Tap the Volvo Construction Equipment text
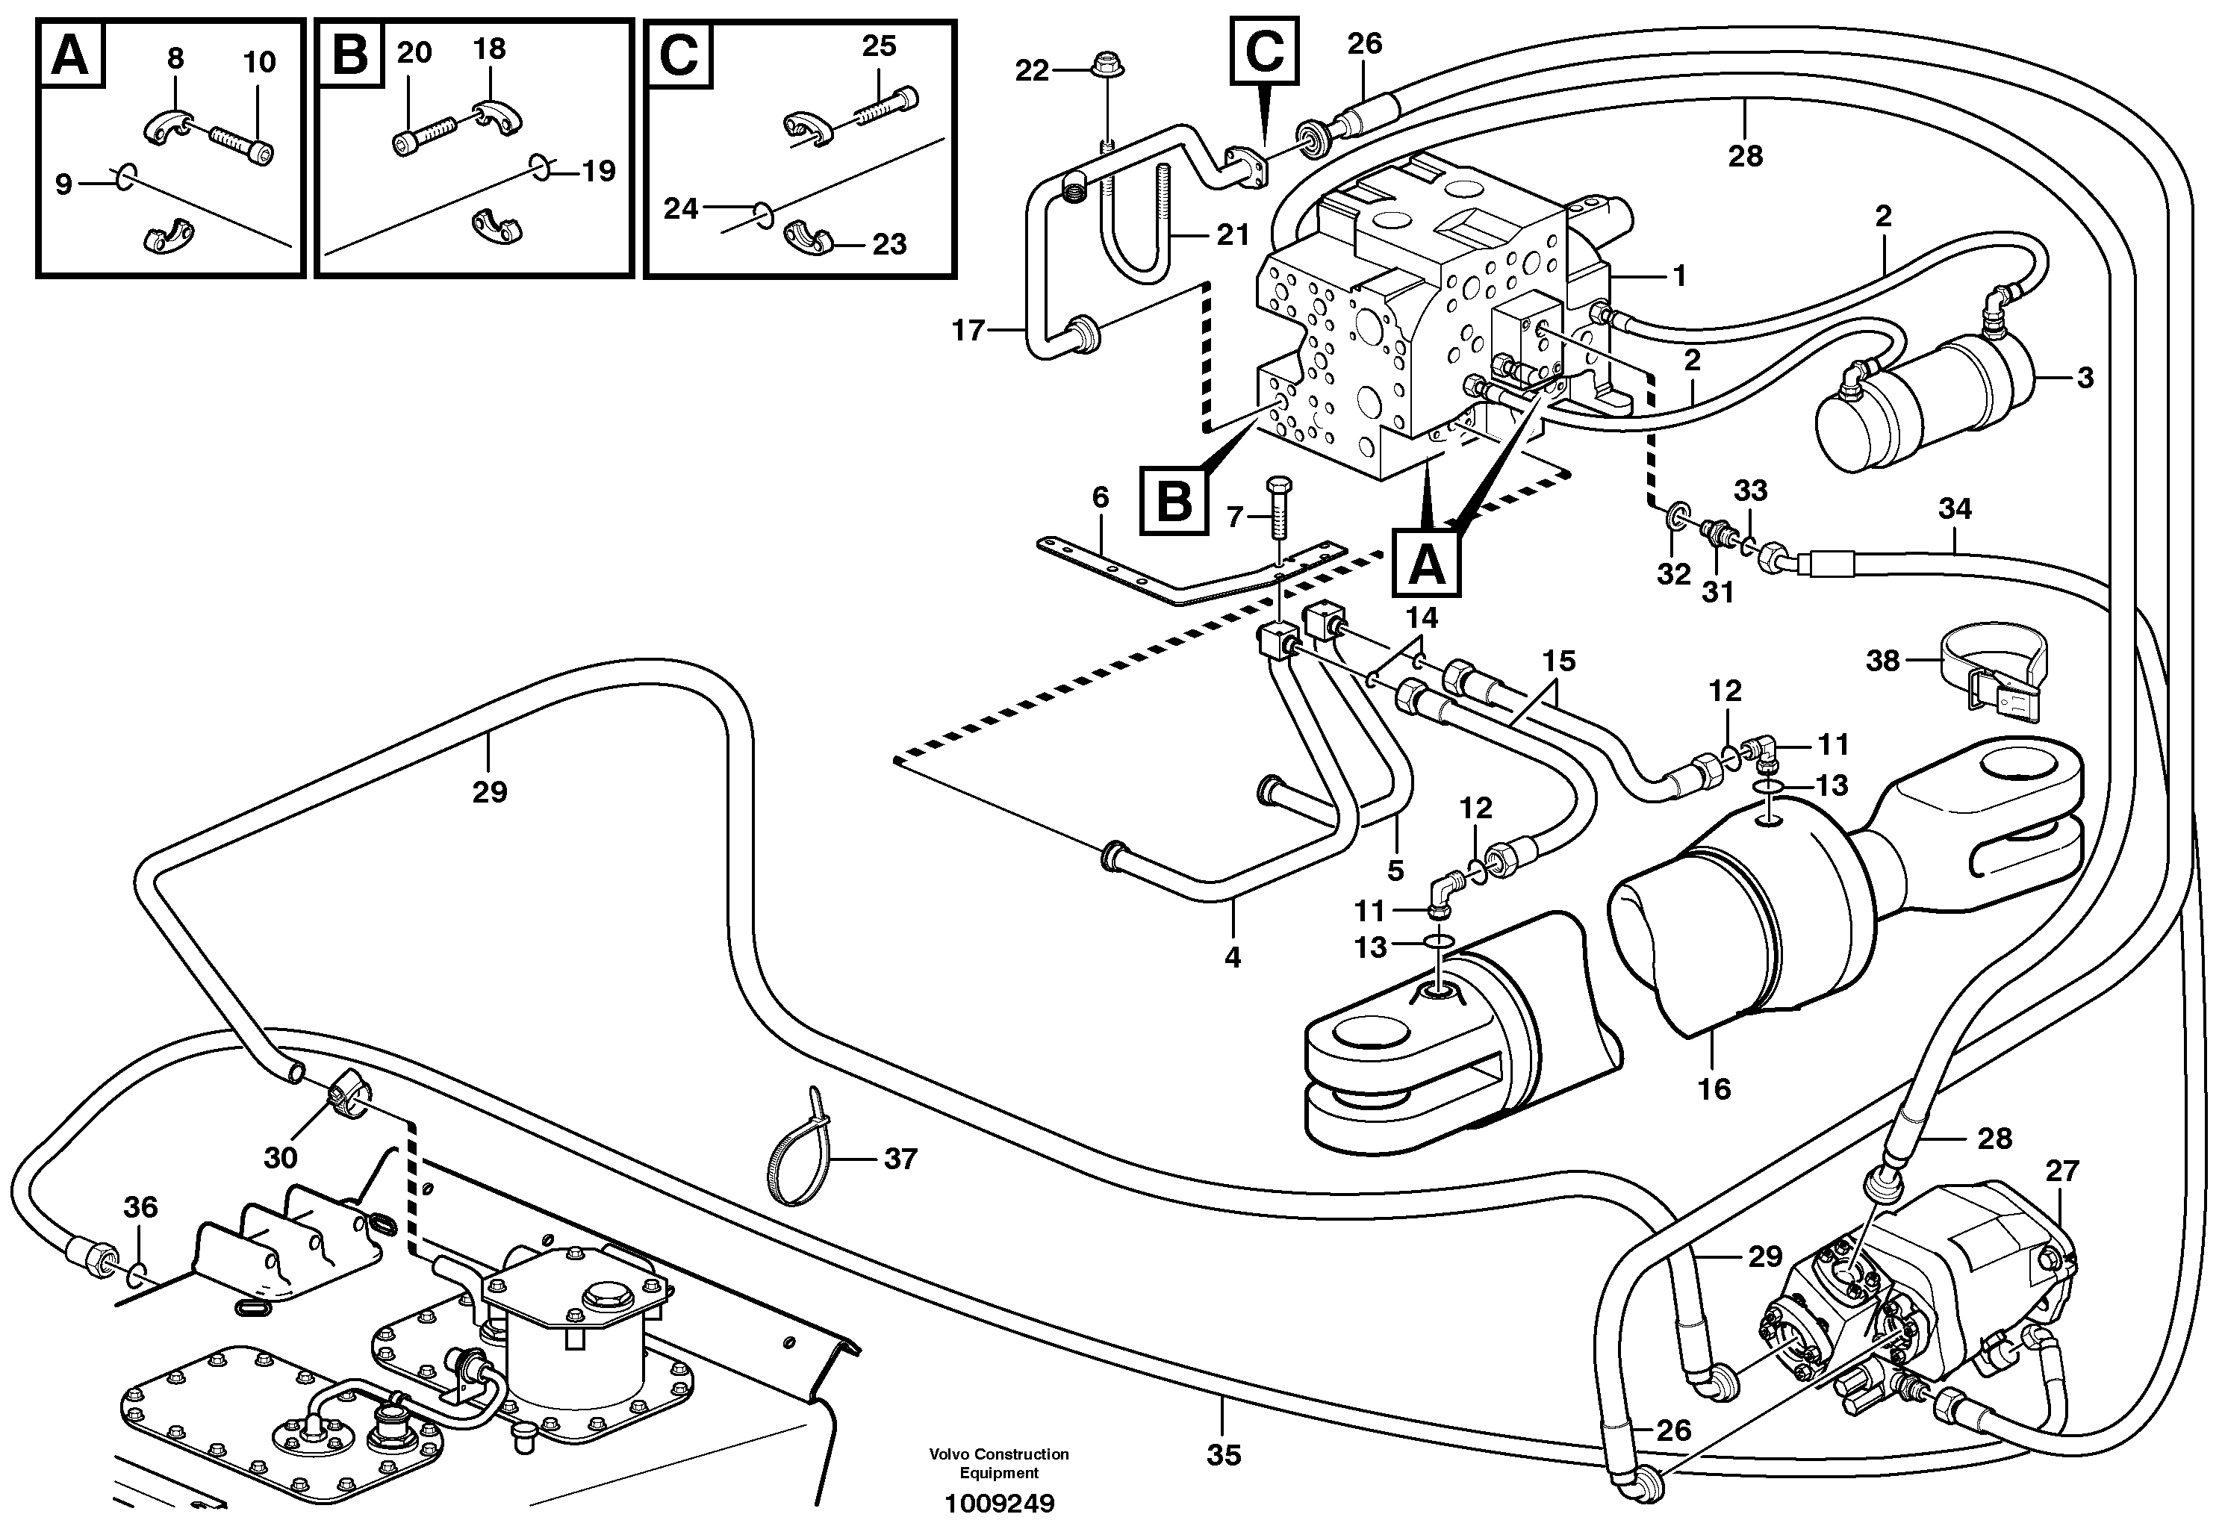point(998,1463)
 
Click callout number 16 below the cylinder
point(1714,1089)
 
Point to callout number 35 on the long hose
point(1224,1455)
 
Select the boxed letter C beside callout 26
point(1264,50)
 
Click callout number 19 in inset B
point(600,172)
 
